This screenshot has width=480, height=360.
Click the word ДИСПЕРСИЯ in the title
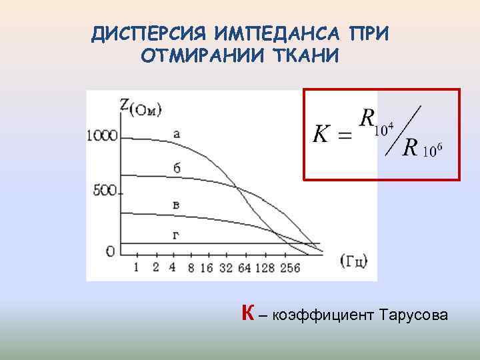pyautogui.click(x=139, y=33)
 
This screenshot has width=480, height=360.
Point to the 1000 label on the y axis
pyautogui.click(x=101, y=136)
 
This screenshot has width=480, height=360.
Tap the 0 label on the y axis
pyautogui.click(x=111, y=250)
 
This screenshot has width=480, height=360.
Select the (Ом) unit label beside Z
pyautogui.click(x=146, y=107)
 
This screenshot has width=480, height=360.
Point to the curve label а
pyautogui.click(x=177, y=134)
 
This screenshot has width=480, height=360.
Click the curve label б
pyautogui.click(x=177, y=168)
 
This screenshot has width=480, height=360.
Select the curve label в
pyautogui.click(x=176, y=204)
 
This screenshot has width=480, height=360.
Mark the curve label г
pyautogui.click(x=176, y=234)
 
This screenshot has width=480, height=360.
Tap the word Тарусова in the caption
pyautogui.click(x=413, y=314)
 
